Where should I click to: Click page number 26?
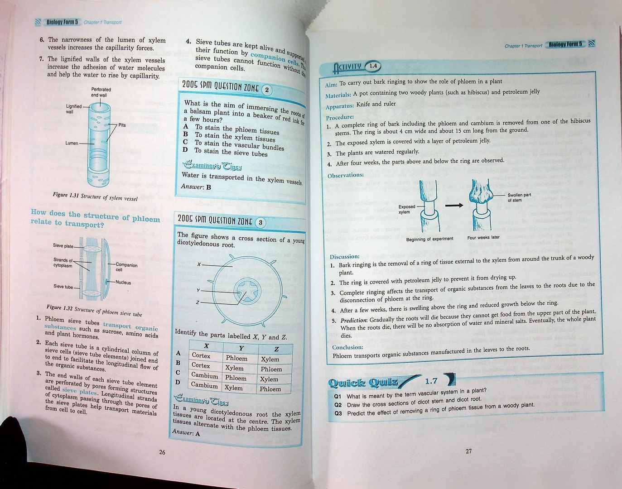[x=162, y=452]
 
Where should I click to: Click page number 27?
[x=468, y=451]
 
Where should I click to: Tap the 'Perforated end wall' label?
[x=101, y=92]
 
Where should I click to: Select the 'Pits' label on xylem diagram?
[x=122, y=125]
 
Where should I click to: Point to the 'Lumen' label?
[x=72, y=143]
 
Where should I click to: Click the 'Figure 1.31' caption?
[x=95, y=196]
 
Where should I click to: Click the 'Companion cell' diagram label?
[x=126, y=267]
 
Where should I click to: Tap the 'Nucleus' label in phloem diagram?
[x=123, y=283]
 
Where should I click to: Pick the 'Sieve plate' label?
[x=63, y=246]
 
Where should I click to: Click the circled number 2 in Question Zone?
[x=267, y=90]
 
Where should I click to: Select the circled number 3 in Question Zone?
[x=260, y=223]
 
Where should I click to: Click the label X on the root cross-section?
[x=199, y=264]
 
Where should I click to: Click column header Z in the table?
[x=276, y=349]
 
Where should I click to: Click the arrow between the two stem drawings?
[x=454, y=205]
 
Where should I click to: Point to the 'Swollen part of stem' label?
[x=519, y=197]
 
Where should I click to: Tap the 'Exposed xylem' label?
[x=406, y=209]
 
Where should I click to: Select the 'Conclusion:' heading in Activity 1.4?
[x=347, y=347]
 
